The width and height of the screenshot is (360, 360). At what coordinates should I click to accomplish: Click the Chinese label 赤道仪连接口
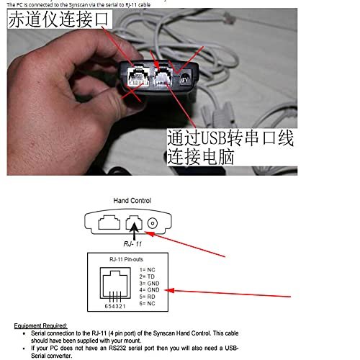tap(59, 22)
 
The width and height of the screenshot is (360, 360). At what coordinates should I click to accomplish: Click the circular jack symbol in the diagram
tap(152, 224)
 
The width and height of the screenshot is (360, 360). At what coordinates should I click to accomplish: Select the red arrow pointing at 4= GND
tap(230, 292)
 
